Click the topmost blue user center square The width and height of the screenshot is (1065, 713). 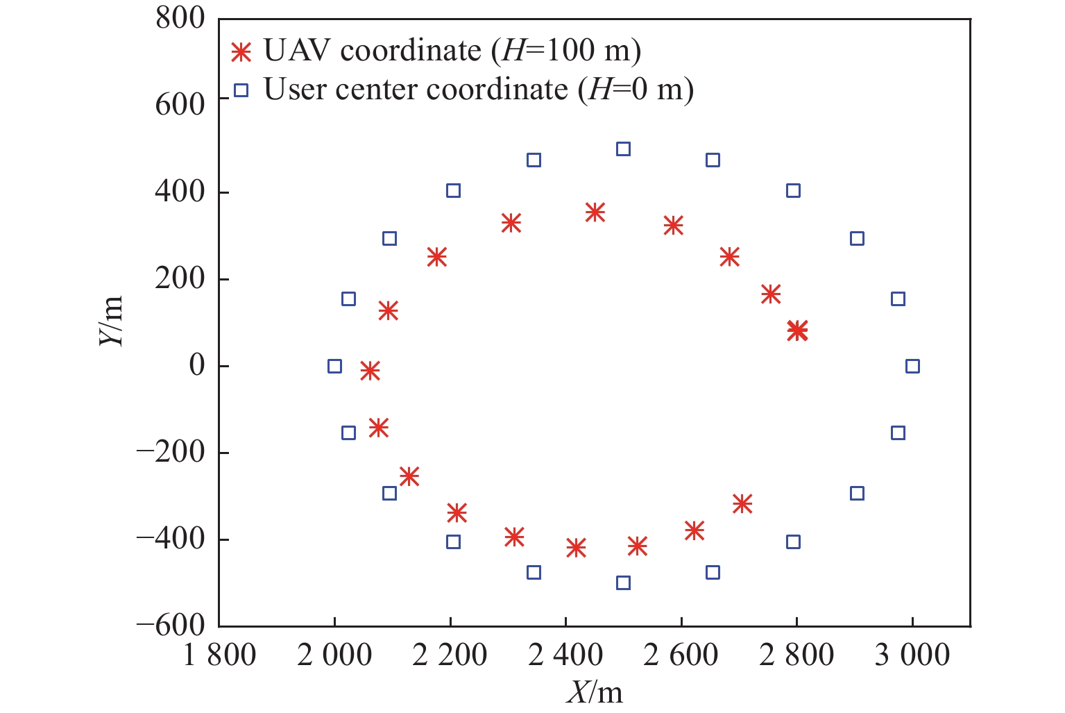[x=623, y=149]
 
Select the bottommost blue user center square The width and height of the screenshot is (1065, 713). [x=623, y=582]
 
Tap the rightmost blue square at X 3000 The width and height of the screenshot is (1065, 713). [x=912, y=366]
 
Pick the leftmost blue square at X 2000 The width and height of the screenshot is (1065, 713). [x=334, y=366]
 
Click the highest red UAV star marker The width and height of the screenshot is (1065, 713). [x=595, y=212]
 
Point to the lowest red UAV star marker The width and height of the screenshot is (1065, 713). [x=575, y=548]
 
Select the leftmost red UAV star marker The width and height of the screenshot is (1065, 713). [x=370, y=371]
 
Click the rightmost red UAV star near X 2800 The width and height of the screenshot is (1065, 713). [x=797, y=330]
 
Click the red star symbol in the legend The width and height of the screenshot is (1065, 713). [x=241, y=51]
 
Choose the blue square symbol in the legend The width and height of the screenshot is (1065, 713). [x=241, y=90]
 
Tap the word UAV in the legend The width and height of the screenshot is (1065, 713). [x=298, y=51]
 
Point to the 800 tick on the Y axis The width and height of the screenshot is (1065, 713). [x=180, y=19]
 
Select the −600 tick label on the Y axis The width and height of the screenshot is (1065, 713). [x=171, y=626]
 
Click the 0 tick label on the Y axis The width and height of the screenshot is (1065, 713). [x=198, y=366]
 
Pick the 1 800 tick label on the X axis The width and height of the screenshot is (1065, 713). [x=219, y=655]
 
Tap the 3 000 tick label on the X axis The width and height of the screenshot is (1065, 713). [x=912, y=655]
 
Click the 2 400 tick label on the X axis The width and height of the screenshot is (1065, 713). [x=565, y=655]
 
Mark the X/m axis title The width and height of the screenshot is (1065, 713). [x=595, y=692]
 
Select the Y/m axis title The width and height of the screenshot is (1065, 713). [x=111, y=321]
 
